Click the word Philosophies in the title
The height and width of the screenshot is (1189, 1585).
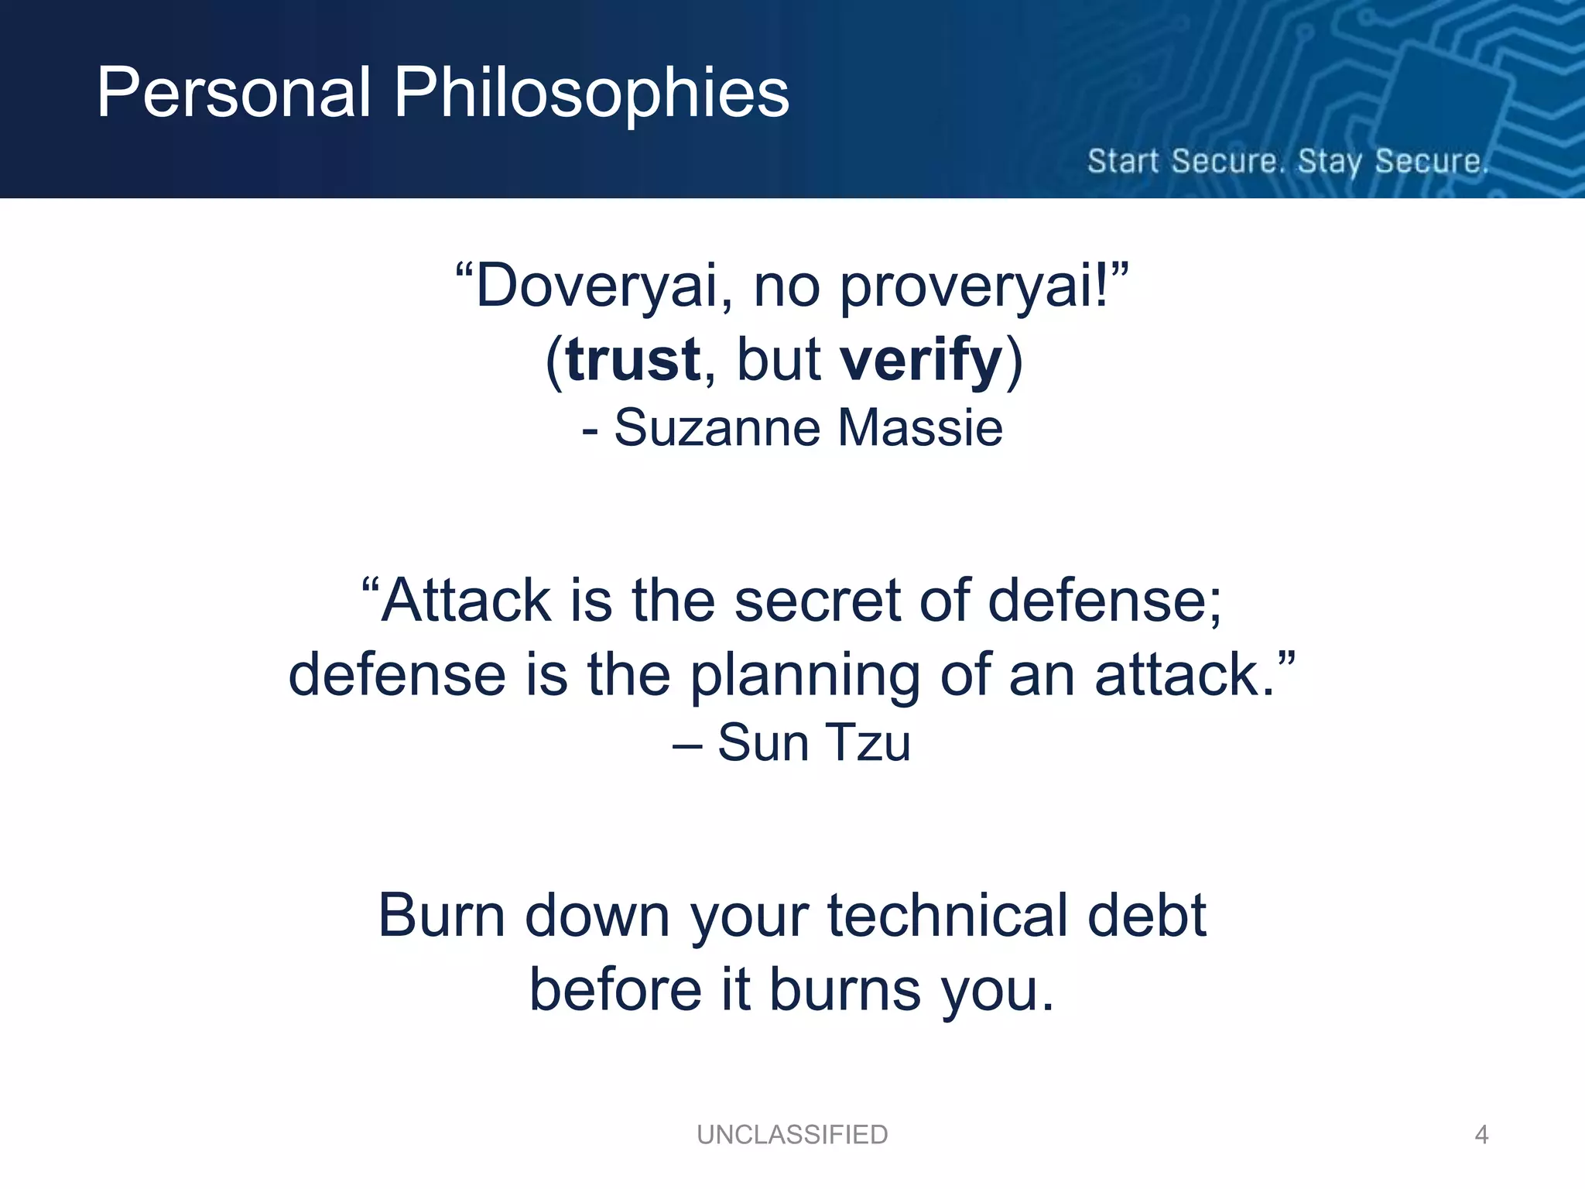click(x=591, y=93)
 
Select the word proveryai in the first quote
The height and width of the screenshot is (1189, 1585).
click(x=975, y=286)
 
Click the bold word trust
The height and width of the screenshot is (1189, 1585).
click(x=633, y=360)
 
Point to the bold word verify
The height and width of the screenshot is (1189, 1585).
click(x=921, y=360)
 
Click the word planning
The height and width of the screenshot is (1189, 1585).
click(x=805, y=676)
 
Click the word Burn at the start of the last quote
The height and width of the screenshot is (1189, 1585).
click(x=442, y=916)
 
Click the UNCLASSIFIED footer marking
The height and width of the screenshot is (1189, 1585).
click(x=792, y=1135)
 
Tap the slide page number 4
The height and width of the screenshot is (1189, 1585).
click(x=1481, y=1135)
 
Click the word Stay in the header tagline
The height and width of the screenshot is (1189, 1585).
click(x=1330, y=162)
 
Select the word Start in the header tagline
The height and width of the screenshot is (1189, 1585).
click(x=1124, y=162)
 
